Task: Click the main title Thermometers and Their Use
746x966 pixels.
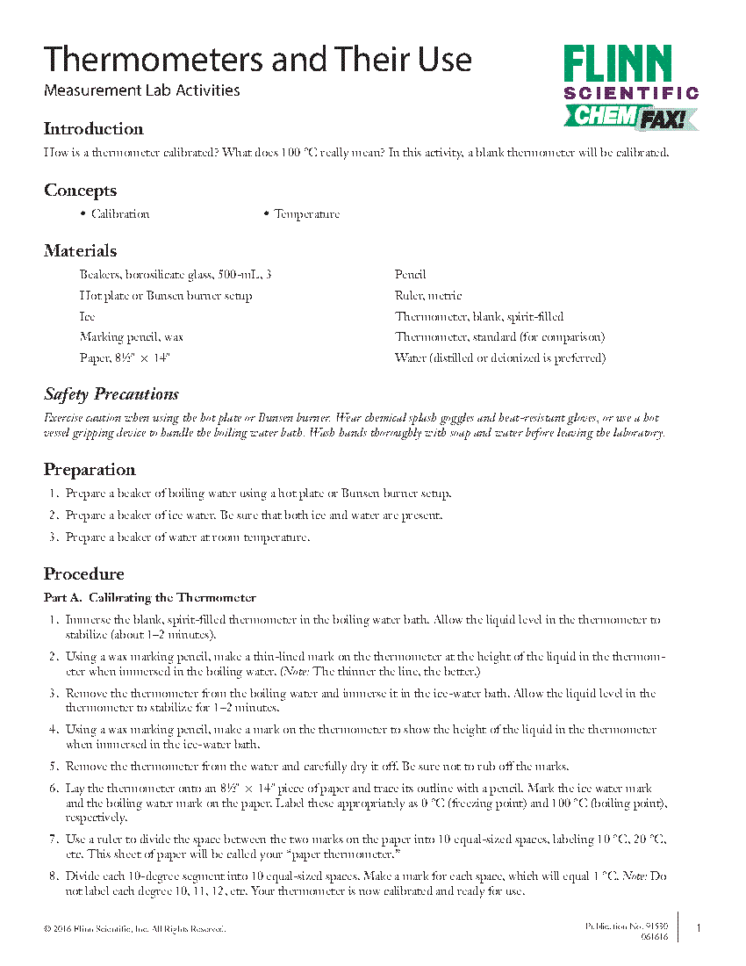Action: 258,60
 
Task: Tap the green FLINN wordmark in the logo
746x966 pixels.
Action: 617,65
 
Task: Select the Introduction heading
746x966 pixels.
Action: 93,129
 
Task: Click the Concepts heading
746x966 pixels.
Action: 80,191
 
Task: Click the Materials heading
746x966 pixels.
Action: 80,251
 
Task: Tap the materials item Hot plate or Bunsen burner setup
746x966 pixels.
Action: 166,296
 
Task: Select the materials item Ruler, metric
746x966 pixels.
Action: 428,296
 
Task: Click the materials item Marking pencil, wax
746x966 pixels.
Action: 132,337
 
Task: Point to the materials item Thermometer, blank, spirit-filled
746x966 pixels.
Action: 479,316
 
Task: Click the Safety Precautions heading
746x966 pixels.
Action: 111,394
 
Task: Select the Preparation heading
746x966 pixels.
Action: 90,470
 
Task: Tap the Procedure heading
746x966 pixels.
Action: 84,574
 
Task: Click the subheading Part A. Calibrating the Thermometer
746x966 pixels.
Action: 150,598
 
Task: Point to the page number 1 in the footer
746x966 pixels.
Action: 699,928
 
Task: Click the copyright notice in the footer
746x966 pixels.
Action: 134,929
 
